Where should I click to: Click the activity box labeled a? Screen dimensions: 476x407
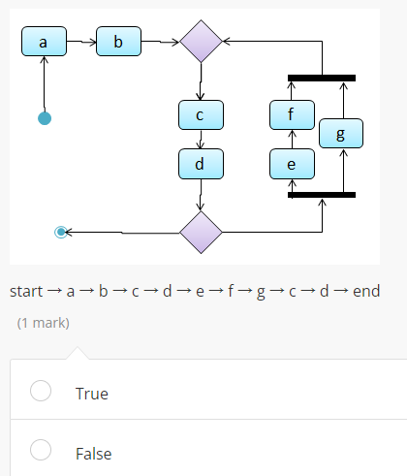[43, 42]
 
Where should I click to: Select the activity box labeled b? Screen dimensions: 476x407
[118, 42]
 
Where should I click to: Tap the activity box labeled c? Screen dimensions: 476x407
[200, 114]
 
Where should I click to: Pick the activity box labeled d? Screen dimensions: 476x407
[200, 164]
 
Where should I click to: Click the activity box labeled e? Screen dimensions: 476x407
[292, 164]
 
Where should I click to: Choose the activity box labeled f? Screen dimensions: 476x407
[292, 114]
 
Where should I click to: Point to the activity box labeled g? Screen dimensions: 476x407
[339, 133]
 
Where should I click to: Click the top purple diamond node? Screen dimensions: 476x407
[202, 42]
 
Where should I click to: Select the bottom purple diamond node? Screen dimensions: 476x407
[202, 232]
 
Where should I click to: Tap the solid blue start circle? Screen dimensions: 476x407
[44, 118]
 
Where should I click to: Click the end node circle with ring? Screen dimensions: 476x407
[62, 232]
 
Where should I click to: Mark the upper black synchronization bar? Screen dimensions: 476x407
[322, 78]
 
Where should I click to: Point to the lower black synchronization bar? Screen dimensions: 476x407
[322, 195]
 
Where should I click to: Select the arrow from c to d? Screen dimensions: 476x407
[200, 140]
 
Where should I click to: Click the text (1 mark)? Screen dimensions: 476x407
[43, 322]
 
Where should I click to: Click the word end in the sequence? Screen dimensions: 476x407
[366, 291]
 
